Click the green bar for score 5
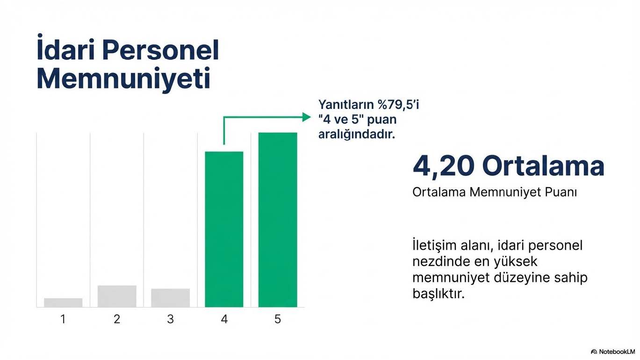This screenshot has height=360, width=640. pos(278,220)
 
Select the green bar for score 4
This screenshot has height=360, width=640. pos(224,229)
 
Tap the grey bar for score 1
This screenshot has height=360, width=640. pos(63,302)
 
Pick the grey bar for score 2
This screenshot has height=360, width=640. pos(117,296)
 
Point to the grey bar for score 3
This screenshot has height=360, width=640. pos(170,298)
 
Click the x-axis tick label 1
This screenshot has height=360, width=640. pos(63,319)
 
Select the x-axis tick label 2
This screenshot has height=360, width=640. pos(117,319)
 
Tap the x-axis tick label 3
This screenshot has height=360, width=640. pos(170,319)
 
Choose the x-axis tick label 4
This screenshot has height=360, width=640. pos(224,319)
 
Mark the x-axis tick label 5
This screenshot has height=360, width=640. pos(278,319)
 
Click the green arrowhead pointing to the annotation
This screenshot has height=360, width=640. pos(307,117)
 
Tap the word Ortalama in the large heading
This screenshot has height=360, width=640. pos(543,166)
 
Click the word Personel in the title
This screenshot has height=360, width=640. pos(160,50)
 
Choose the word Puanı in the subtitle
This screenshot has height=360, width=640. pos(561,192)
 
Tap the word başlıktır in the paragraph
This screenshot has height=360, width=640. pos(439,293)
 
